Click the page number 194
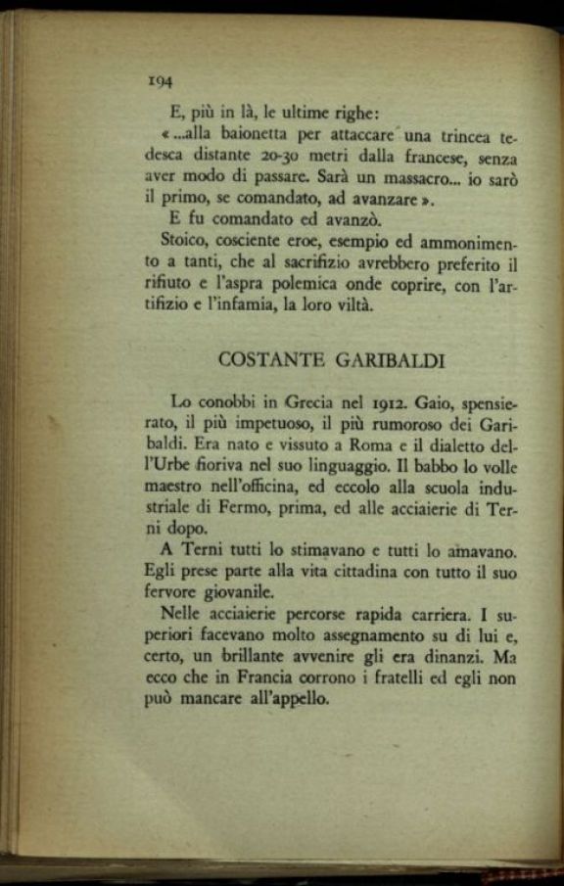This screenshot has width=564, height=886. click(158, 82)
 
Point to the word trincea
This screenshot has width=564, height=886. click(463, 133)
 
